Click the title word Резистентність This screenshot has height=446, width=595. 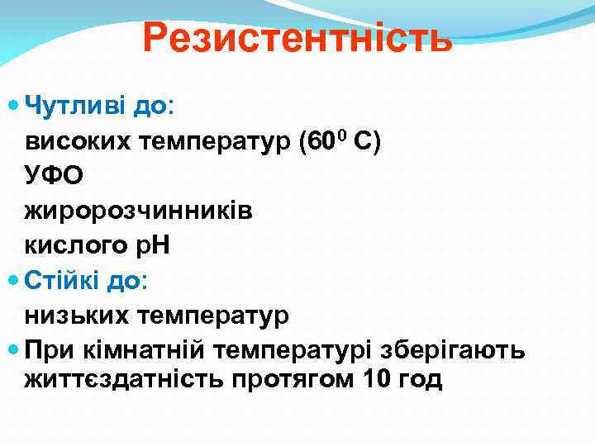(x=297, y=38)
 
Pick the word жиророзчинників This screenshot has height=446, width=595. (x=139, y=211)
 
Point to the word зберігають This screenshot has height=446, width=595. (x=451, y=350)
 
